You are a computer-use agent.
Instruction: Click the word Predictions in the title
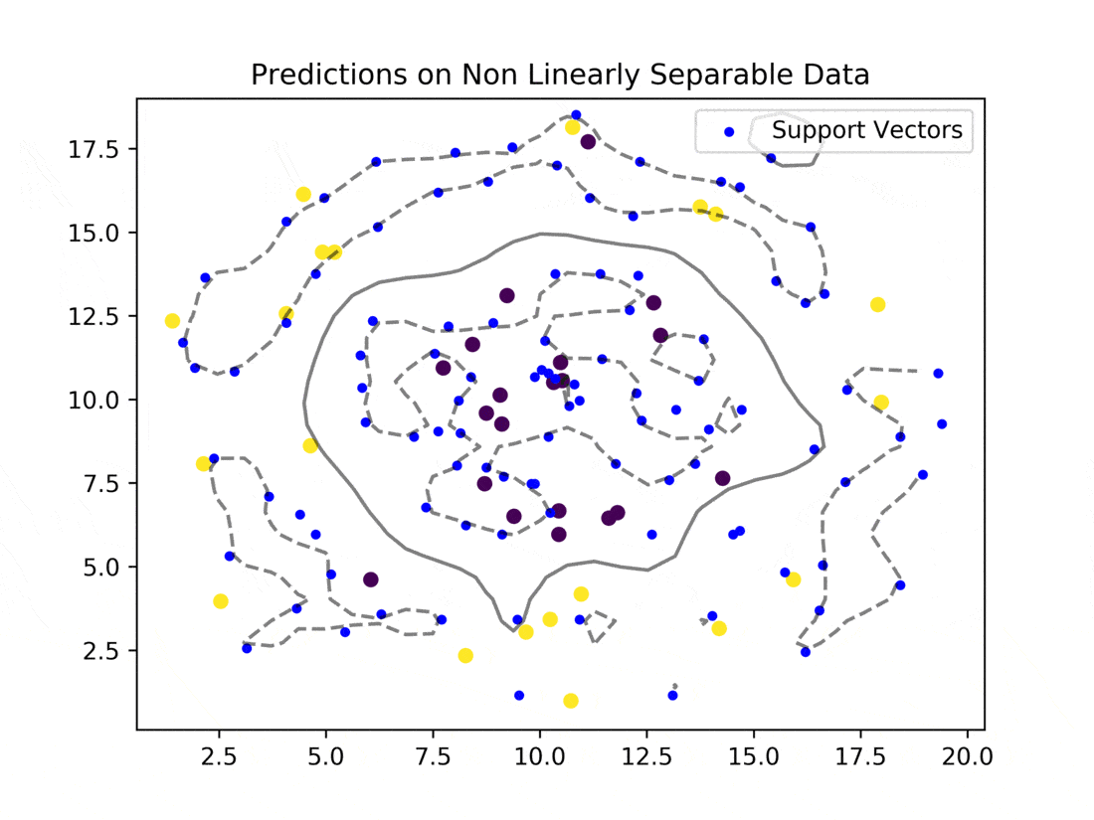pos(328,75)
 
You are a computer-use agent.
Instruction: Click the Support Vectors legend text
pos(866,130)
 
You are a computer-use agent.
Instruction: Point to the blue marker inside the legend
pos(729,132)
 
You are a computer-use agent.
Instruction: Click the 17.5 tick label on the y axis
pos(93,150)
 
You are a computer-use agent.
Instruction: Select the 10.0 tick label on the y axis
pos(93,401)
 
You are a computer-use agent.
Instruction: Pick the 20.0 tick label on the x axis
pos(967,755)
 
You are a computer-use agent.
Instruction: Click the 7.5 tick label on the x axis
pos(434,755)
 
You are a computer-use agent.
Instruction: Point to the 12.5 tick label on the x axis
pos(646,755)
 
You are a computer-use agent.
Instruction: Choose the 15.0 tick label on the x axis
pos(754,755)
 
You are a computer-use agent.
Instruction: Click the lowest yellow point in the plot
pos(571,701)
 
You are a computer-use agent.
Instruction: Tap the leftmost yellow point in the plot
pos(172,321)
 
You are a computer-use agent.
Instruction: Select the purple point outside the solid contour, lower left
pos(371,579)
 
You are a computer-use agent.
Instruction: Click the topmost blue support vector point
pos(576,115)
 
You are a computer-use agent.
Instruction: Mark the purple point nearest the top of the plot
pos(588,142)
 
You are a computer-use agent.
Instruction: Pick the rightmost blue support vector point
pos(942,424)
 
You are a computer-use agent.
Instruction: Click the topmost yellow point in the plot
pos(572,127)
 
